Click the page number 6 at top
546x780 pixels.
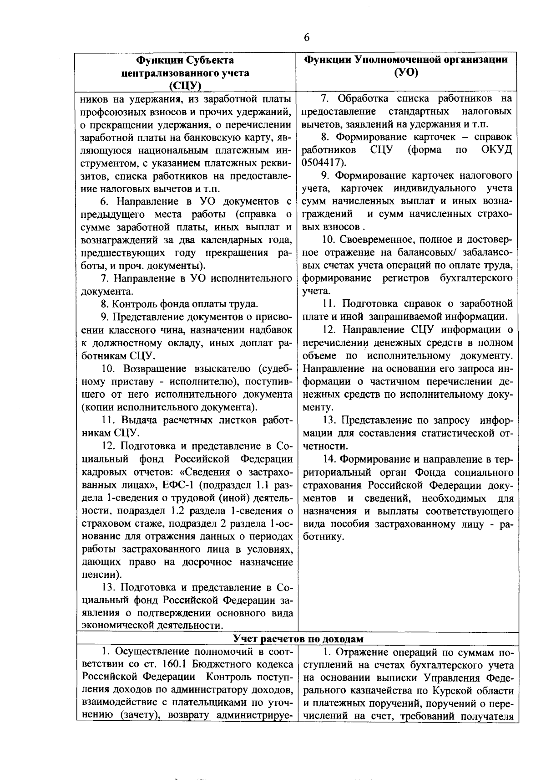point(306,38)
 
